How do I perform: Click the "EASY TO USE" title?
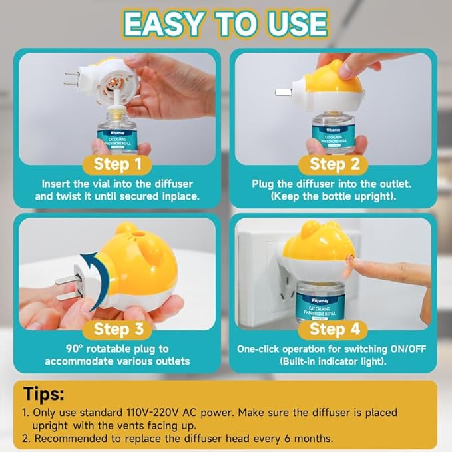point(226,24)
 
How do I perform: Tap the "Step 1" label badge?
point(117,164)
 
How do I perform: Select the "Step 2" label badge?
point(334,164)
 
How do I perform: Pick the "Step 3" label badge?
point(117,329)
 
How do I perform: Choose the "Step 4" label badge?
point(334,329)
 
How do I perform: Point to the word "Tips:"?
point(43,394)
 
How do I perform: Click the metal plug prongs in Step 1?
point(71,79)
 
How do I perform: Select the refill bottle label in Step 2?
point(334,137)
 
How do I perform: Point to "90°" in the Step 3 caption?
point(75,349)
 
